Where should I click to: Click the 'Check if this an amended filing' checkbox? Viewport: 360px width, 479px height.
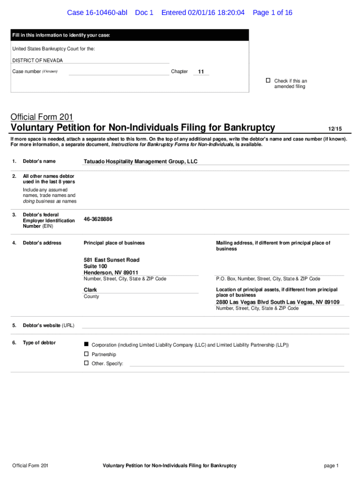point(268,80)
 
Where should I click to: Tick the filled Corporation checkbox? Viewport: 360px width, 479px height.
point(86,344)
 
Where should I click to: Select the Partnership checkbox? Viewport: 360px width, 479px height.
point(86,354)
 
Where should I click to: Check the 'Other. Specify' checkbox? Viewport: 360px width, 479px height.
point(86,363)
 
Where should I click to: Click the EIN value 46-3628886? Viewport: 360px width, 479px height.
point(98,219)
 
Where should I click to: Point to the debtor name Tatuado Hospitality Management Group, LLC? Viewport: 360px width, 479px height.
point(140,161)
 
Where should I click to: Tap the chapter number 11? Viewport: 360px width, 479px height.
point(201,72)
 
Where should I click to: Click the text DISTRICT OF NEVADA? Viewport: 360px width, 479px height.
point(37,60)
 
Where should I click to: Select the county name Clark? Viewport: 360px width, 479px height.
point(90,290)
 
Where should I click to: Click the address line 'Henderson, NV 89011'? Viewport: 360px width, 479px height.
point(111,273)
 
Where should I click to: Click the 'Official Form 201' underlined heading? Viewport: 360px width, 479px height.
point(42,117)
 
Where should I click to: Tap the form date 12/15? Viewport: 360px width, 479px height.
point(335,128)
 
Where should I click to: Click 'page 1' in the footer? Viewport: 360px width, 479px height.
point(331,465)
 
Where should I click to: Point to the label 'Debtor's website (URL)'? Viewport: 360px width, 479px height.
point(49,326)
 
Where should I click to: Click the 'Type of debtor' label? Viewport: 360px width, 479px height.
point(39,343)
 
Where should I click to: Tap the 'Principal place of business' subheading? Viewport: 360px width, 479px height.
point(114,243)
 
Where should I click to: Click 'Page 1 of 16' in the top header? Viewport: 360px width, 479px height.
point(272,13)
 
